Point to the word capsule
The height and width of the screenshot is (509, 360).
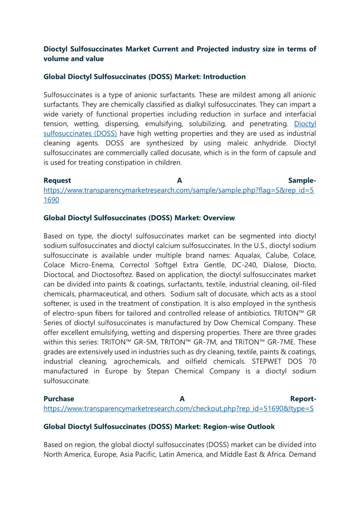[283, 153]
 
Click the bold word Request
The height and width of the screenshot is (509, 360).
[57, 180]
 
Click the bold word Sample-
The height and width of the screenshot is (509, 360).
[302, 180]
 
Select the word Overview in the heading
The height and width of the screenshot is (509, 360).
[219, 218]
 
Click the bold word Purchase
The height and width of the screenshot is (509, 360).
[59, 399]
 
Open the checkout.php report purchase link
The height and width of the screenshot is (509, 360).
[179, 408]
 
